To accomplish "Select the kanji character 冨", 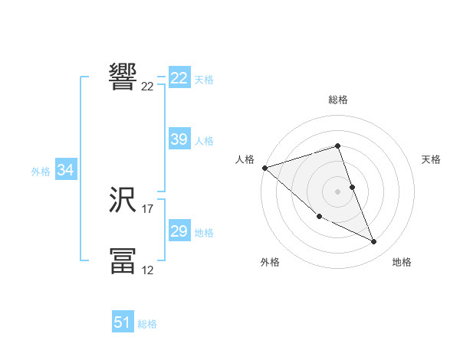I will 123,260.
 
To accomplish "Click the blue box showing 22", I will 179,79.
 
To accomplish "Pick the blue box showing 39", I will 179,139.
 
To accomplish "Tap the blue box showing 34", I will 65,171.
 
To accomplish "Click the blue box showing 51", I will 123,322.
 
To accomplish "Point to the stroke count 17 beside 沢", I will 148,208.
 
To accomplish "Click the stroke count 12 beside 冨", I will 148,269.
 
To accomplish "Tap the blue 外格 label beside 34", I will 41,172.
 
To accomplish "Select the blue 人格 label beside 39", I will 204,141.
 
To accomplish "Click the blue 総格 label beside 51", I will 147,324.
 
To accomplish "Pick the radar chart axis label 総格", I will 338,100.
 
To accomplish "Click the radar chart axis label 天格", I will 432,159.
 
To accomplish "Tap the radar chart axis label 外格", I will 270,262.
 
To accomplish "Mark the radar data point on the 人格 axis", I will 264,168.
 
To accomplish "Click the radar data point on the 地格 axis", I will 374,242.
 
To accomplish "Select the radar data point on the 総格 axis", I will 338,146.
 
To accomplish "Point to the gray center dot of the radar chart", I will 338,191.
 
